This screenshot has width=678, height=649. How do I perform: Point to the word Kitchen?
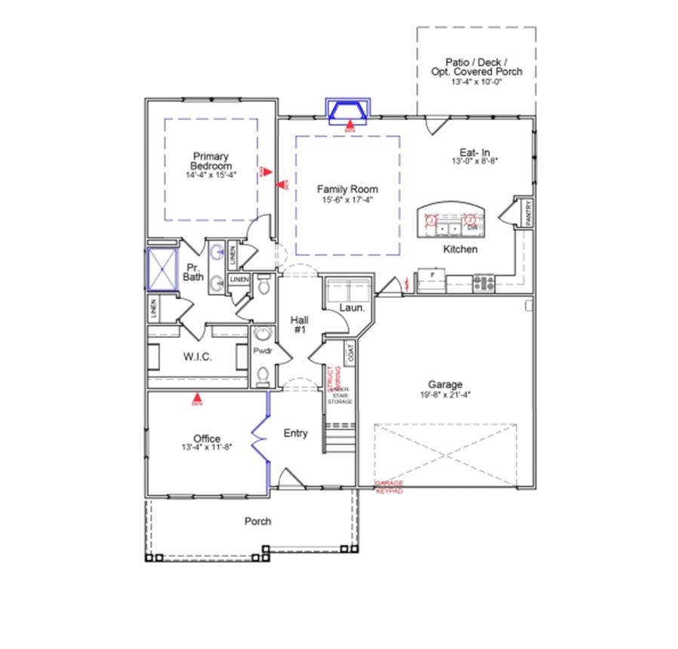[460, 249]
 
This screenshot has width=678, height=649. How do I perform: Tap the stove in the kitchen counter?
[483, 284]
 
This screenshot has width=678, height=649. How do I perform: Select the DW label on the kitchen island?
[472, 226]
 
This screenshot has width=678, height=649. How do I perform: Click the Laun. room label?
[352, 308]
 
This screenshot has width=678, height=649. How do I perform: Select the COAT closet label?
[350, 352]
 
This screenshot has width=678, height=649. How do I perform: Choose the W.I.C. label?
[197, 356]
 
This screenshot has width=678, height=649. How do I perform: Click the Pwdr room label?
[262, 352]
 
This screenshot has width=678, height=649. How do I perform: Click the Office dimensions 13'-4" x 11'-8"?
[206, 448]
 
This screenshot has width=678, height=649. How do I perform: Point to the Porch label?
[257, 521]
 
